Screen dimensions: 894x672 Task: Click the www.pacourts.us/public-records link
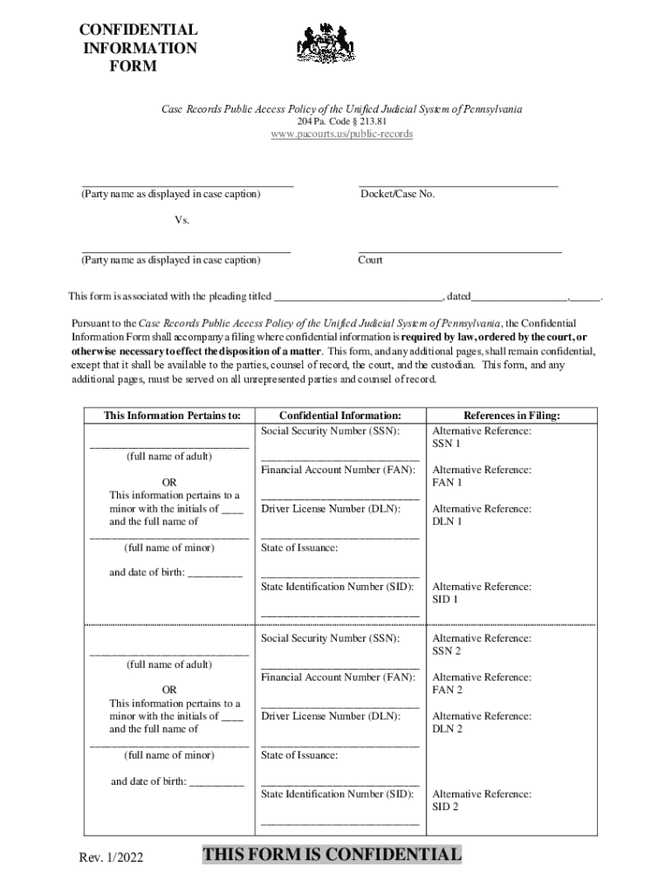[x=341, y=134]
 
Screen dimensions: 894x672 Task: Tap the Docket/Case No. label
[x=397, y=194]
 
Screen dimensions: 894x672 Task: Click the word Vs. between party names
[x=182, y=220]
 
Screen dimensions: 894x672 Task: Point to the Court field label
[x=370, y=260]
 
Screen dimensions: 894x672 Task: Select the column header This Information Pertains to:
[x=172, y=416]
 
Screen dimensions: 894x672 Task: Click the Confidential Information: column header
[x=340, y=416]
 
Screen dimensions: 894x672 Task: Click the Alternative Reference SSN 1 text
[x=482, y=437]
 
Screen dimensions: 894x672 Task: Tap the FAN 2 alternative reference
[x=447, y=690]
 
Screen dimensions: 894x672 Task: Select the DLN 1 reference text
[x=447, y=521]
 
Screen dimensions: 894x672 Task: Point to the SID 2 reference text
[x=445, y=807]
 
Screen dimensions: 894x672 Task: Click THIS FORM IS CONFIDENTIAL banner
[x=332, y=854]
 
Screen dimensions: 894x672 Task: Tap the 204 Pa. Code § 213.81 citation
[x=341, y=121]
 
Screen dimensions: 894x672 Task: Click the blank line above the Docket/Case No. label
[x=458, y=185]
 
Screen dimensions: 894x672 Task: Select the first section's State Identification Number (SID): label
[x=338, y=587]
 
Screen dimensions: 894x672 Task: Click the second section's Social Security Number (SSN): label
[x=331, y=638]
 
